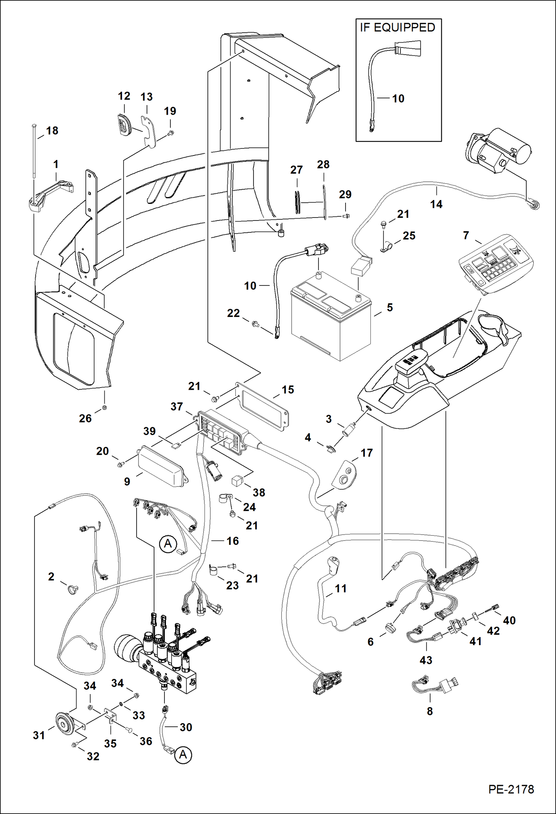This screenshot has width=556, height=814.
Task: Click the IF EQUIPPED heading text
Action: pos(397,28)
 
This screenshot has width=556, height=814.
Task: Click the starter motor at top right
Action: pos(499,150)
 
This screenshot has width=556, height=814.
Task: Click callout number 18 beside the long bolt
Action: pos(52,131)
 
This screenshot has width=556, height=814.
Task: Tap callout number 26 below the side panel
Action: pos(85,418)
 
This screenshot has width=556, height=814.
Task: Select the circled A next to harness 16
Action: pos(168,544)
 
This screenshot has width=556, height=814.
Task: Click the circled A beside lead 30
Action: pos(183,755)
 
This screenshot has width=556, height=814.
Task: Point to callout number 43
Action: pos(426,660)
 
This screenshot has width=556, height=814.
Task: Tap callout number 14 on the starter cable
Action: pos(436,204)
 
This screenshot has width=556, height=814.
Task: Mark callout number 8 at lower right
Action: pos(429,711)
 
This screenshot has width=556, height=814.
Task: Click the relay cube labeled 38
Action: pos(238,481)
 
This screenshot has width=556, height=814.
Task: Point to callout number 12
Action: pos(124,96)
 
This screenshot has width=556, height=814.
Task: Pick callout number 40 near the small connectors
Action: pos(509,620)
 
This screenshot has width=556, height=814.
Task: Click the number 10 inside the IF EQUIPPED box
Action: pos(398,99)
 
